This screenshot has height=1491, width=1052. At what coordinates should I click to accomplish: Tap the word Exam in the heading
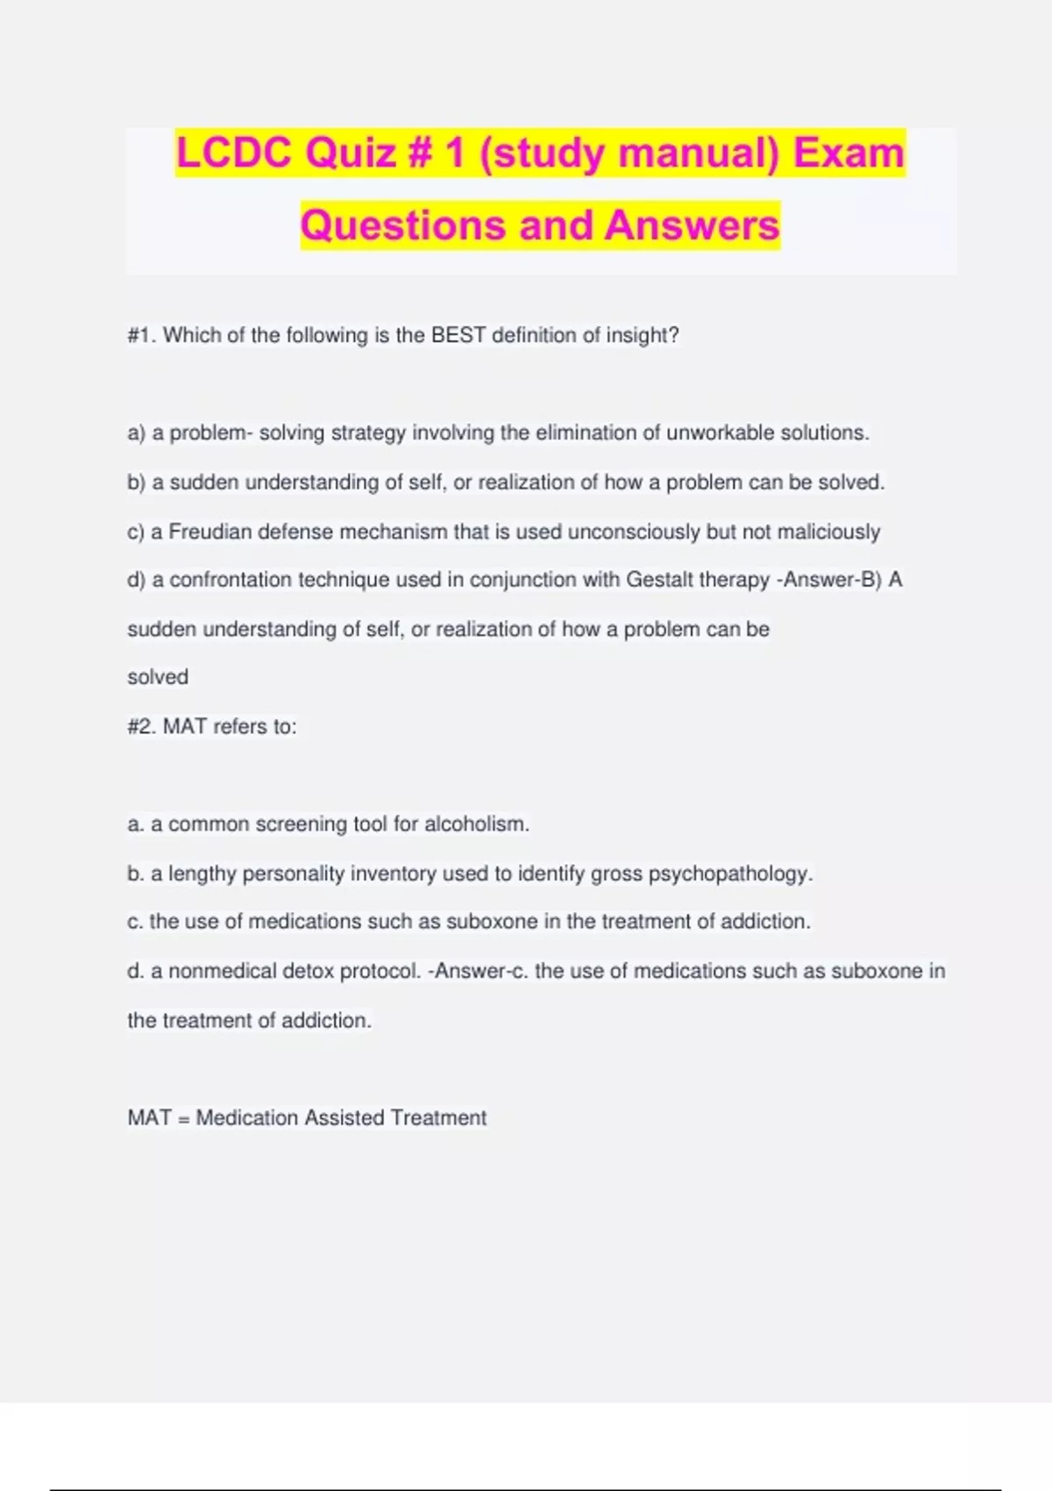(x=848, y=153)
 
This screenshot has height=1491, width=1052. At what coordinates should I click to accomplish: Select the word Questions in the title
(x=402, y=225)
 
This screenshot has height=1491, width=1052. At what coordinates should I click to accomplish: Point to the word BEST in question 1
(x=458, y=335)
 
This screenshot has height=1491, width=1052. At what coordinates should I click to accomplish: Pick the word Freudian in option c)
(x=210, y=531)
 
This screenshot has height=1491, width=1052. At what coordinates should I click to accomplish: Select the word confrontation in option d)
(x=231, y=580)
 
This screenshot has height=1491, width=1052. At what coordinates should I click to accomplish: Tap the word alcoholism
(x=477, y=824)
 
